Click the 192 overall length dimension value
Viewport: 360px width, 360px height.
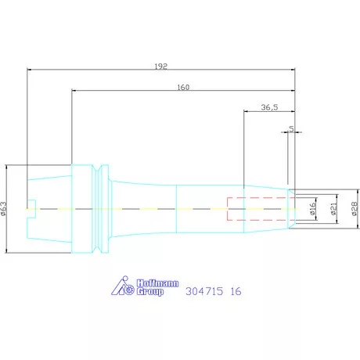(160, 67)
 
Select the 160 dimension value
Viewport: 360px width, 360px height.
(183, 87)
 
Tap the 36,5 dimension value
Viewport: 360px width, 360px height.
(269, 107)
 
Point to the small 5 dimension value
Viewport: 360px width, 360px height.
(291, 129)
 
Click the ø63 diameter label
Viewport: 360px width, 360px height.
(4, 209)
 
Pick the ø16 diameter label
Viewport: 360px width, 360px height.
(313, 209)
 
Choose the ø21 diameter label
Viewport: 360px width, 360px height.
(333, 209)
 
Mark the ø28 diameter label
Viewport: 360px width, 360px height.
(355, 209)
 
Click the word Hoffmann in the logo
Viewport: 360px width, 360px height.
(158, 283)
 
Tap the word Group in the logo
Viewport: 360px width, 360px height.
(150, 292)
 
